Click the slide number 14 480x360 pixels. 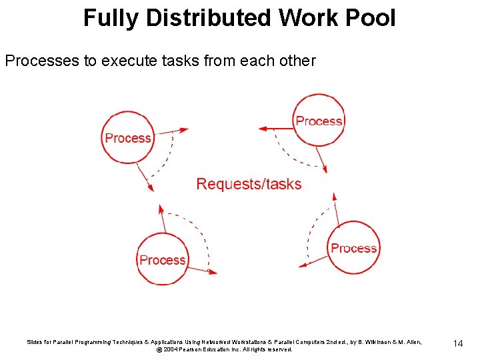point(457,343)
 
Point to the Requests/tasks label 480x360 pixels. point(249,184)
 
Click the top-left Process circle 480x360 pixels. point(128,138)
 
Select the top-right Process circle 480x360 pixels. point(319,121)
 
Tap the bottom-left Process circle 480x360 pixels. point(162,259)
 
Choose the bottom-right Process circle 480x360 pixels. point(353,248)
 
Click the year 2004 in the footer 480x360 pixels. point(170,349)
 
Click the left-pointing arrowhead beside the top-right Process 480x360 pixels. point(262,127)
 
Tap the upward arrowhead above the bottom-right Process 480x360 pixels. point(334,197)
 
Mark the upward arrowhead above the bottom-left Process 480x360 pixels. point(161,209)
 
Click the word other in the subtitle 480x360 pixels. point(298,61)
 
